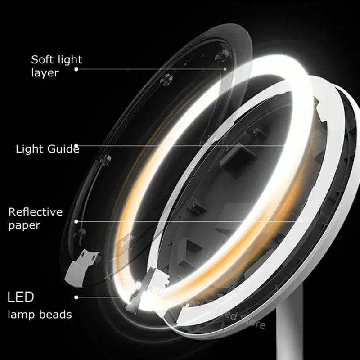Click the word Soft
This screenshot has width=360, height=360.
click(x=41, y=60)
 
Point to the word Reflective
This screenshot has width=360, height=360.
click(x=36, y=212)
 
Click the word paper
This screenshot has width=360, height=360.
click(x=24, y=225)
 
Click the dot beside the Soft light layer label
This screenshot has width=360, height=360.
click(x=76, y=69)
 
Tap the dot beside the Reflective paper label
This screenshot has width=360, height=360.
click(x=76, y=221)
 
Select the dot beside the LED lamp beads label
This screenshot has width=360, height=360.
click(x=76, y=297)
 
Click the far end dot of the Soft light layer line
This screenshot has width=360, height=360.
click(x=225, y=69)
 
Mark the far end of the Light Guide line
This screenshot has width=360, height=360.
click(x=285, y=146)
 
